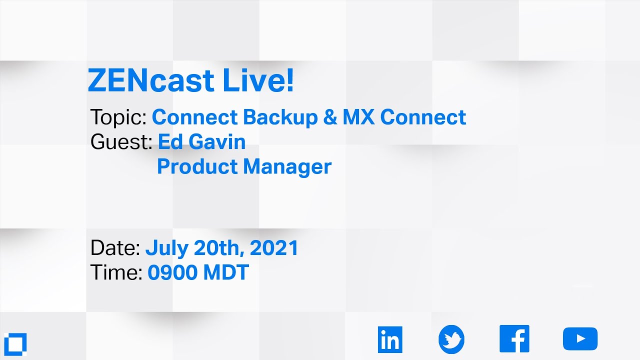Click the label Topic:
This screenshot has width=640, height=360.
click(x=118, y=117)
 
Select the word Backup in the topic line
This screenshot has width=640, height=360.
click(x=280, y=117)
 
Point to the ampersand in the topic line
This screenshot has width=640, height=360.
click(x=329, y=117)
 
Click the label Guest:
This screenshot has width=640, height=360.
click(x=121, y=142)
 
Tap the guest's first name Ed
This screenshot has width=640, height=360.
click(x=170, y=142)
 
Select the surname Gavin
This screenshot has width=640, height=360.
click(x=217, y=142)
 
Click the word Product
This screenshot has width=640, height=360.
click(x=197, y=167)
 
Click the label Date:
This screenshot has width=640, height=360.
click(x=115, y=248)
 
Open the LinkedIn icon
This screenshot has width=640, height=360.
click(x=390, y=339)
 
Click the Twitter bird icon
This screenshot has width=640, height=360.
click(x=451, y=339)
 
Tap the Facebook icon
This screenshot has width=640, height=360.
click(x=514, y=339)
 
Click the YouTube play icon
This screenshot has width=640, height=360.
click(x=580, y=339)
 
